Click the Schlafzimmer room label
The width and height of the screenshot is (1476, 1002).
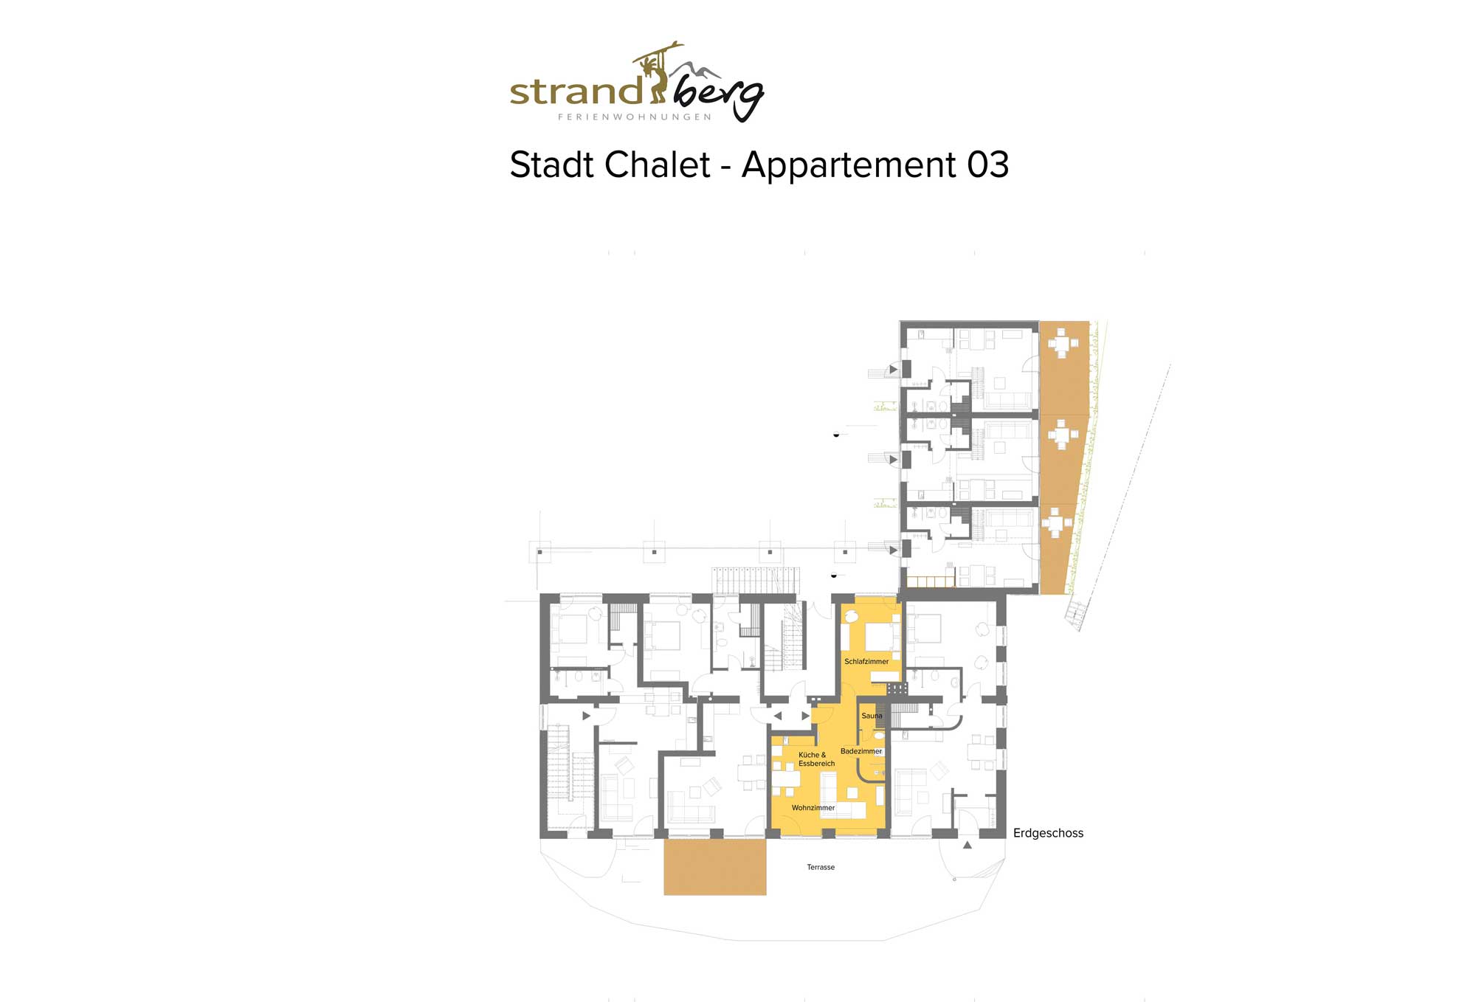point(866,662)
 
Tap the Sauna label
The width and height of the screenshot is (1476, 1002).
point(872,716)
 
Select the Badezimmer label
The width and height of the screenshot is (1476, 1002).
point(861,751)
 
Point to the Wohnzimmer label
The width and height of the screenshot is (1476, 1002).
point(813,808)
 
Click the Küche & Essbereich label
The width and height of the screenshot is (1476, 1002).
point(816,759)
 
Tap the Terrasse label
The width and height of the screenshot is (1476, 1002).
point(821,867)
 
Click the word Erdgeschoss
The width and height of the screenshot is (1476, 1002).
point(1048,833)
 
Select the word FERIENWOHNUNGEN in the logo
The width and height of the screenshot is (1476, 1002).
point(635,117)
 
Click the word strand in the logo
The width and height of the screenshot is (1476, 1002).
point(576,91)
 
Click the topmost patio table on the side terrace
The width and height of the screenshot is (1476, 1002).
point(1062,343)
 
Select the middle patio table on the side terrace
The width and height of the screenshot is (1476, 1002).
point(1063,435)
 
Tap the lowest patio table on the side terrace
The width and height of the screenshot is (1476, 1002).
point(1057,523)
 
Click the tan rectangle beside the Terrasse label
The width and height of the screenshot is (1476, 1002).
point(715,867)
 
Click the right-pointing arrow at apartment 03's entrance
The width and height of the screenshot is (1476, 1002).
point(805,716)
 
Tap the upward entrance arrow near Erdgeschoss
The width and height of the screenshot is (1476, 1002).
point(968,845)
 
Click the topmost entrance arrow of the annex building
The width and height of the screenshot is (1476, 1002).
point(893,369)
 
